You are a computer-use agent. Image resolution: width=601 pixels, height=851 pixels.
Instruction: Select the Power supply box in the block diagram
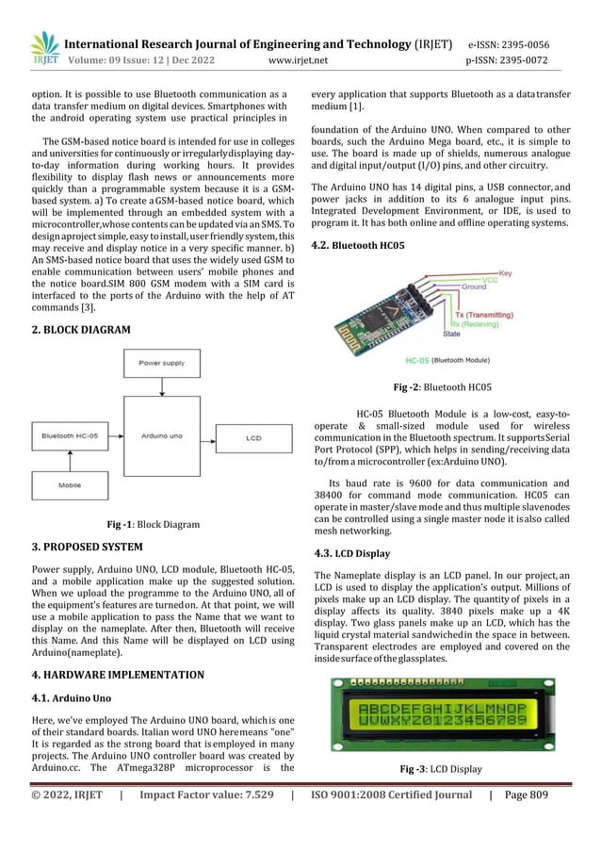(x=162, y=362)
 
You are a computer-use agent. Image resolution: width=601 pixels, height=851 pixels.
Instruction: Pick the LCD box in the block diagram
(x=252, y=438)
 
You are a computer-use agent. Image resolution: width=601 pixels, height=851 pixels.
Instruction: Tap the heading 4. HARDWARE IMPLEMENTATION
(x=118, y=675)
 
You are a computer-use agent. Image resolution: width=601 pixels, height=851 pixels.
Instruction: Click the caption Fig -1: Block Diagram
(x=153, y=524)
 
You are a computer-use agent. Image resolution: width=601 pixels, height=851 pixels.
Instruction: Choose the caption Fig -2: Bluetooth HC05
(x=442, y=386)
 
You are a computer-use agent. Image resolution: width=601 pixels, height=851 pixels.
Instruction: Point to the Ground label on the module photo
(x=473, y=286)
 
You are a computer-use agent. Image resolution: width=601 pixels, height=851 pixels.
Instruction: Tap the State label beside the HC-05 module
(x=451, y=334)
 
